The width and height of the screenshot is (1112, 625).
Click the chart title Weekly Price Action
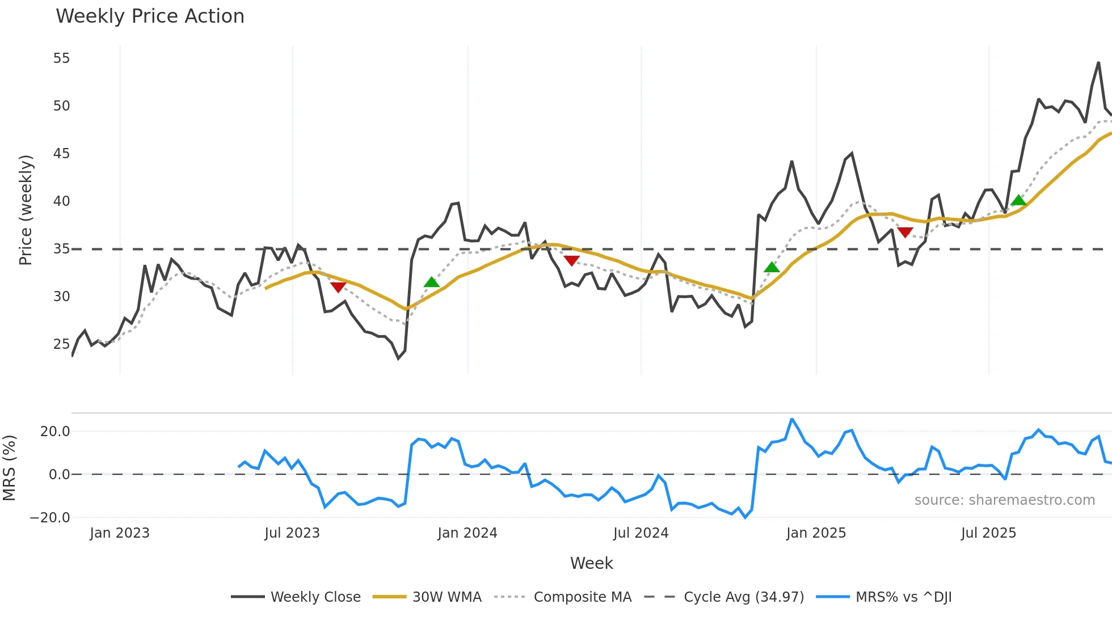150,16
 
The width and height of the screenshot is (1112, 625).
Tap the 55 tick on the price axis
61,58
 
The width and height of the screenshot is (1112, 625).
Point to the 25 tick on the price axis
61,344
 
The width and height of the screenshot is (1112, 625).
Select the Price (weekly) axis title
26,210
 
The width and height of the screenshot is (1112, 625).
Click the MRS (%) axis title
9,468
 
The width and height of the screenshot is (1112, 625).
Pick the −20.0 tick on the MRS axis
50,518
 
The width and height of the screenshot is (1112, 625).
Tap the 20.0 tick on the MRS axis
55,432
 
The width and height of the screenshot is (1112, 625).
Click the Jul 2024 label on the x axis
641,533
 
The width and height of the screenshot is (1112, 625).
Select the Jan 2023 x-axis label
120,533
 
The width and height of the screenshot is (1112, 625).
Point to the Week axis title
591,563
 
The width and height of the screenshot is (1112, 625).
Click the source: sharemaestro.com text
1004,500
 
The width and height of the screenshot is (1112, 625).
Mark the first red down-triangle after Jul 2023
338,287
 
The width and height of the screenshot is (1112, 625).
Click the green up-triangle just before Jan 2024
432,282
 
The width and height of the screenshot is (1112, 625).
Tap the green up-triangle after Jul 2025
1018,200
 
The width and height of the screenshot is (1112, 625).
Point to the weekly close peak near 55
1099,63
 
